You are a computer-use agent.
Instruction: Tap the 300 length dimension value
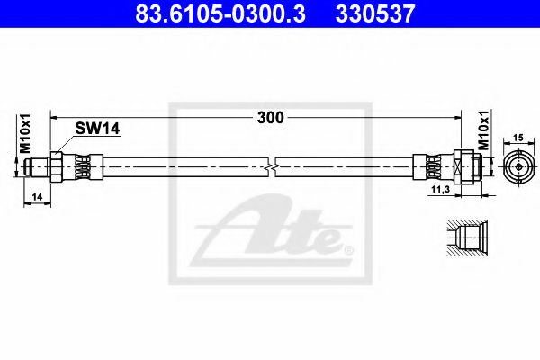(270, 118)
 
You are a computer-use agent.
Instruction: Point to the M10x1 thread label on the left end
(27, 135)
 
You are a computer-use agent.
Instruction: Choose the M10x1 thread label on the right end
(482, 134)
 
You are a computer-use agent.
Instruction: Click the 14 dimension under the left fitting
(37, 194)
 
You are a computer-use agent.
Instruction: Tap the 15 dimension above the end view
(517, 137)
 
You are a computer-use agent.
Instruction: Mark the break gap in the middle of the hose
(272, 166)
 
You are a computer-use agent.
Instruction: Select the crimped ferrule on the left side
(82, 166)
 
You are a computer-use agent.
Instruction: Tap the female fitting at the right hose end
(468, 166)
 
